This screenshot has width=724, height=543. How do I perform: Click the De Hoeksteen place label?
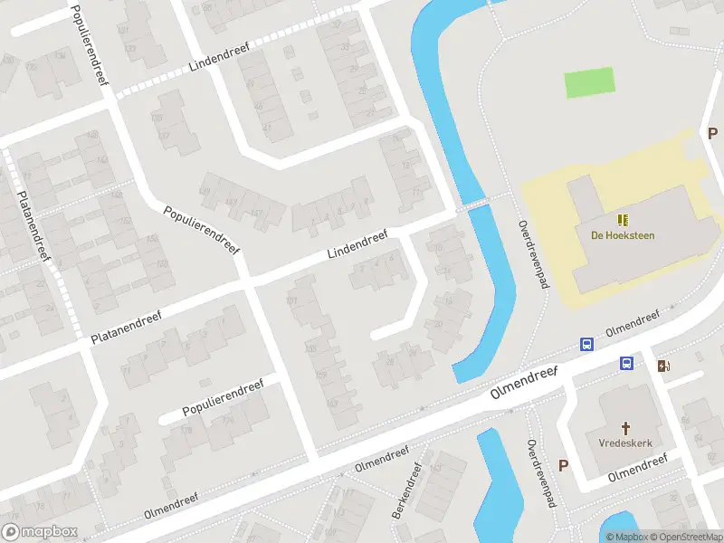coord(622,235)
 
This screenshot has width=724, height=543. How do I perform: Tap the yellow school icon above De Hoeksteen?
coord(623,219)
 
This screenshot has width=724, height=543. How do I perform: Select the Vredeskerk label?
coord(625,443)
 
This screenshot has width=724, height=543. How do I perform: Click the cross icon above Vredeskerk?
coord(625,427)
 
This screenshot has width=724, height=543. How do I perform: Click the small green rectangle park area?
coord(588,82)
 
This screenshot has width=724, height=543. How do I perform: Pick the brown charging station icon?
coord(665,366)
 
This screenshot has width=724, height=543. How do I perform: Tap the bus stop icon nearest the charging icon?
coord(625,364)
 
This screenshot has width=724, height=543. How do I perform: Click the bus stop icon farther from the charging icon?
coord(587,345)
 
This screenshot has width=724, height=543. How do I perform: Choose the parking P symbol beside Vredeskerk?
coord(563,466)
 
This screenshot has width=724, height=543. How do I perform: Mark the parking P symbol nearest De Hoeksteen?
coord(710,133)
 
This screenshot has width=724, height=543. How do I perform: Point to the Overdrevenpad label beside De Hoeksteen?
coord(534,254)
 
